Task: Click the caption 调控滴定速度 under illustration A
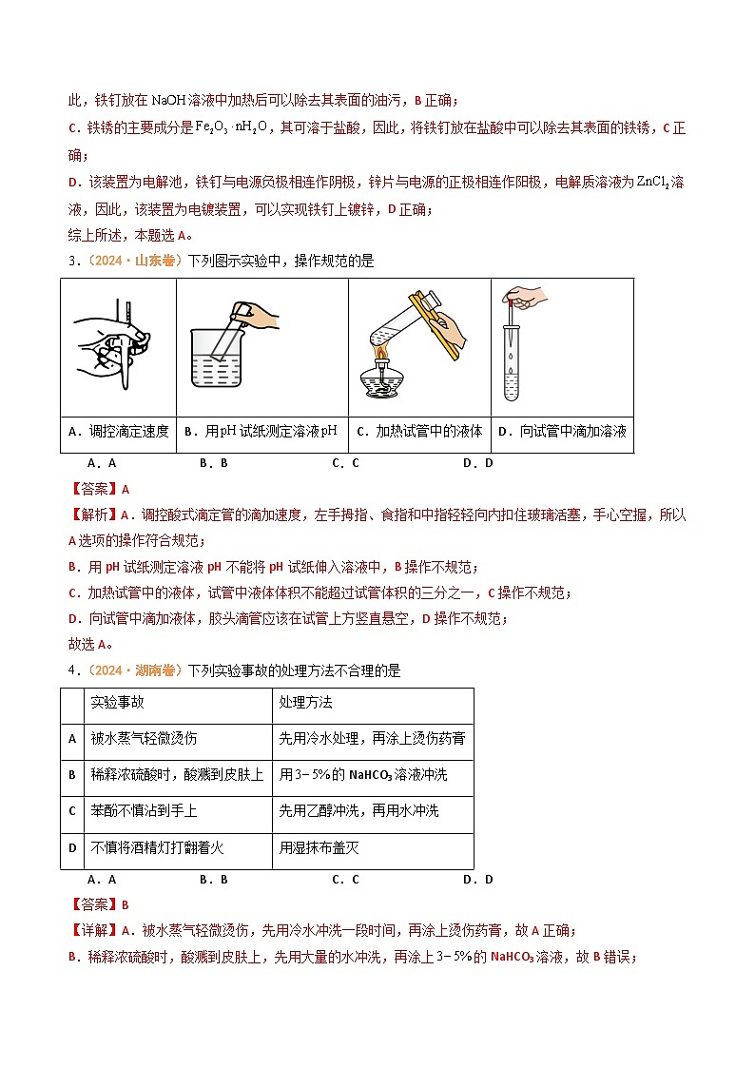[119, 431]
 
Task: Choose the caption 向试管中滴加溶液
[562, 431]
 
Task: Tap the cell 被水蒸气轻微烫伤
[144, 738]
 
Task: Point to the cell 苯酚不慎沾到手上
[144, 811]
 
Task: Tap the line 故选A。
[91, 644]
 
